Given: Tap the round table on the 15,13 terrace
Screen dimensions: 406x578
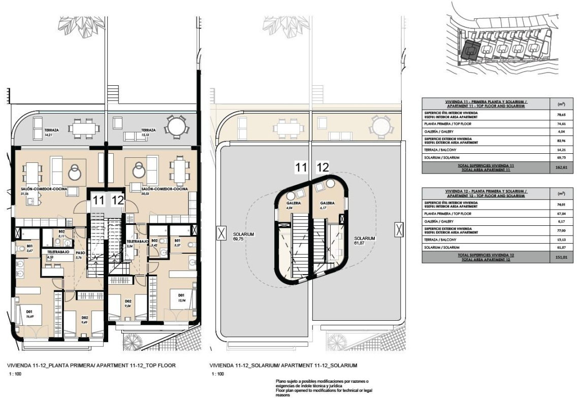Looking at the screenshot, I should point(177,126).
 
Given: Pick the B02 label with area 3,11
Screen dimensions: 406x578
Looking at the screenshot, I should point(61,234).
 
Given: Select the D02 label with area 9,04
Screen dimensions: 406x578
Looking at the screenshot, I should point(128,303).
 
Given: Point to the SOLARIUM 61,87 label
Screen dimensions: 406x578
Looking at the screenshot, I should point(365,241).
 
